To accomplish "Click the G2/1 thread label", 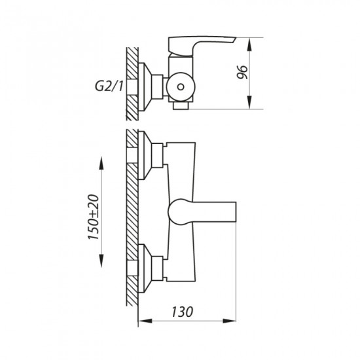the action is (109, 86).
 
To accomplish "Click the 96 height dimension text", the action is (242, 73).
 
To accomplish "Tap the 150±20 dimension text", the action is (94, 217).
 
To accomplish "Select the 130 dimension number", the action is (183, 312).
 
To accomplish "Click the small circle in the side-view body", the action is (181, 87).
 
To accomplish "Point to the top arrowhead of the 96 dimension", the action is (249, 45).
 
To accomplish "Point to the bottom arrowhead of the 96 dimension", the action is (249, 102).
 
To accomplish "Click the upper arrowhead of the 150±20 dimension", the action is (101, 163).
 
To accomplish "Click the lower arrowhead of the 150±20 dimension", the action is (101, 261).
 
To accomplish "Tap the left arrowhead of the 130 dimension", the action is (145, 321).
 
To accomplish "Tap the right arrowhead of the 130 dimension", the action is (229, 321).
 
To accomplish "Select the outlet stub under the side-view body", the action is (181, 105).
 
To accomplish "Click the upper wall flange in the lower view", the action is (145, 155).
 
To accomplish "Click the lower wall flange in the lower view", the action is (145, 268).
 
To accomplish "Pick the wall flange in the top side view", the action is (145, 87).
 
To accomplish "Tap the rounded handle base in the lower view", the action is (180, 211).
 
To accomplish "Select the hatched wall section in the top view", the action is (132, 84).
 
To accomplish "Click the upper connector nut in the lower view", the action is (158, 155).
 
